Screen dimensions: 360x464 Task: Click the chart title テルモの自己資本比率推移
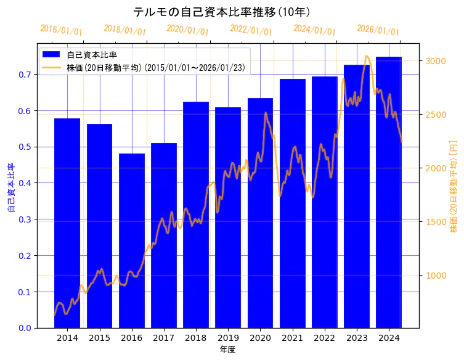(x=222, y=12)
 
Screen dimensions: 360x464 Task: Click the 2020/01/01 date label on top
(x=188, y=30)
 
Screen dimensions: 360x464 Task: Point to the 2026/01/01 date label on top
(x=378, y=30)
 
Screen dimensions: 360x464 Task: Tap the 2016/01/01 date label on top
(x=61, y=30)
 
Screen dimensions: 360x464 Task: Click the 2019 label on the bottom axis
(x=228, y=338)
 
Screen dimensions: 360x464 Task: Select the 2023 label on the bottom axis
(x=357, y=338)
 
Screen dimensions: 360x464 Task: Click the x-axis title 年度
(x=228, y=350)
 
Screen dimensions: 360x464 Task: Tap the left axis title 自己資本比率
(x=10, y=188)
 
